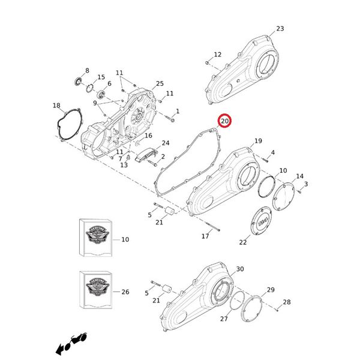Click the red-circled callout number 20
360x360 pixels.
224,121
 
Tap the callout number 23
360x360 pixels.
280,29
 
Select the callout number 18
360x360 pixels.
56,106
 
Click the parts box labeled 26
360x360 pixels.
96,291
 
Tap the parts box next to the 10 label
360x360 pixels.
96,238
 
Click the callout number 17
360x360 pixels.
205,236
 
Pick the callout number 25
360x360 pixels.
159,83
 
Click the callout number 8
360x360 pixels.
87,70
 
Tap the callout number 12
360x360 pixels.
217,55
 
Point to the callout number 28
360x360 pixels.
286,302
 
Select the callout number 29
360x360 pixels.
271,290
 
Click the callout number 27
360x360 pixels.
224,319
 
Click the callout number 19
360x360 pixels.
258,141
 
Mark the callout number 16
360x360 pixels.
148,136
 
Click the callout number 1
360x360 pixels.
177,112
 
